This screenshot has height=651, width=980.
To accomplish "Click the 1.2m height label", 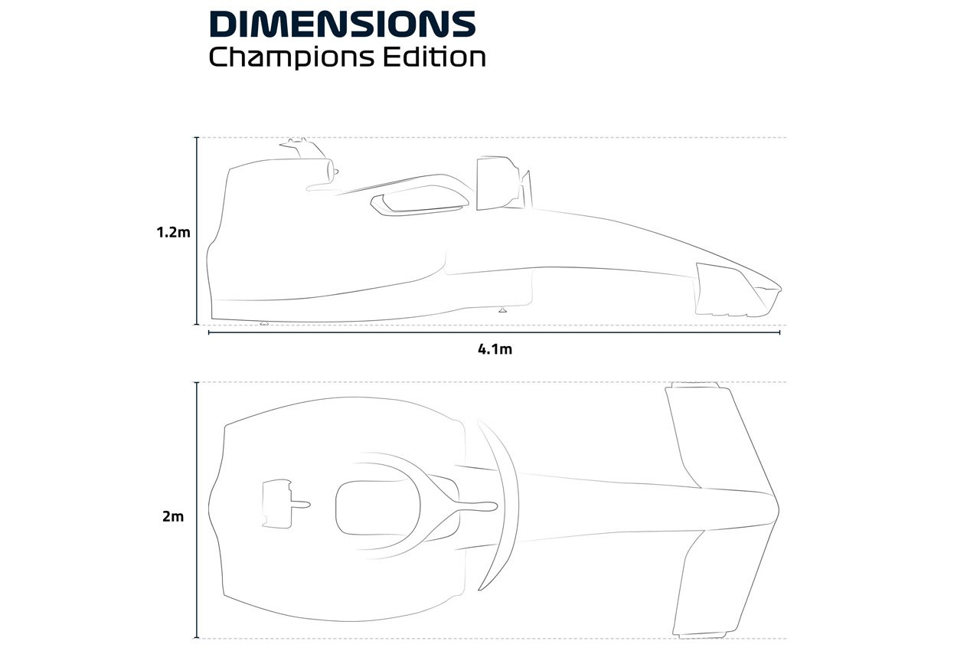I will tap(173, 232).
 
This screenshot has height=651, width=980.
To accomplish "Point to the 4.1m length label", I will tap(494, 349).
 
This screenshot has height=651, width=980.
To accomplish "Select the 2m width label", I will tap(173, 516).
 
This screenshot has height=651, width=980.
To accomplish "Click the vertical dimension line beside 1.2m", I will tap(198, 230).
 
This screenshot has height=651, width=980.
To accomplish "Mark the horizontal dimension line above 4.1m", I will tap(494, 333).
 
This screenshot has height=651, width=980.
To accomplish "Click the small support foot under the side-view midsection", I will tap(502, 309).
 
